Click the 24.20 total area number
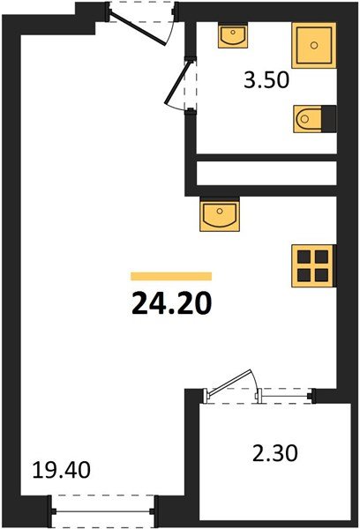[171, 304]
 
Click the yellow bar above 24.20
[171, 276]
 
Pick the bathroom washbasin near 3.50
[234, 37]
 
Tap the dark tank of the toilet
[328, 118]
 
